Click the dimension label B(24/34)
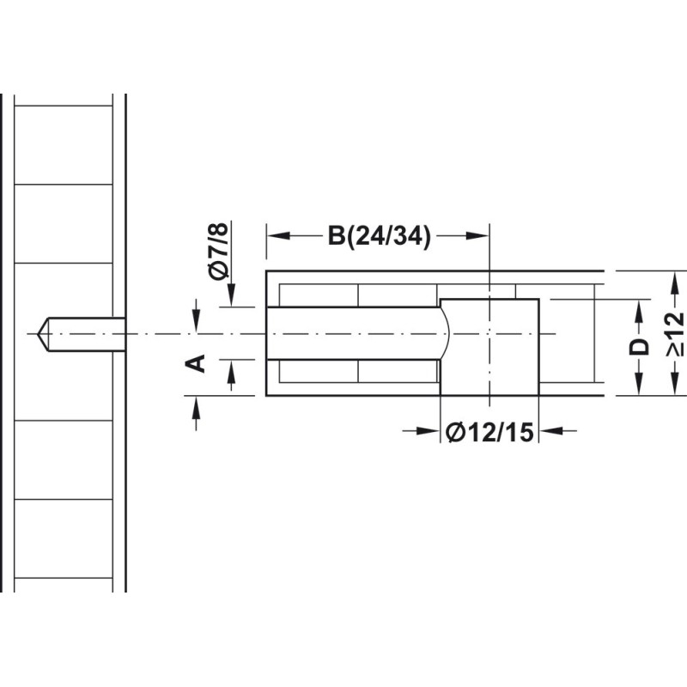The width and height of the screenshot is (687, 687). click(x=380, y=237)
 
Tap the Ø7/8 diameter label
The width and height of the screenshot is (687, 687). click(x=219, y=251)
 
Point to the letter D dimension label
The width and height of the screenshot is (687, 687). click(x=638, y=347)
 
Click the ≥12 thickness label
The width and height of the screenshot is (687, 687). click(x=675, y=334)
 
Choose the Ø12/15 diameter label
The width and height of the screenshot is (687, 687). click(x=489, y=433)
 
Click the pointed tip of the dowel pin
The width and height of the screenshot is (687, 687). click(x=38, y=334)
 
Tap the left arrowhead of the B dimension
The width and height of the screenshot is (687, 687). click(x=278, y=236)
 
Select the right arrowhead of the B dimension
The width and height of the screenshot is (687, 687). click(x=477, y=236)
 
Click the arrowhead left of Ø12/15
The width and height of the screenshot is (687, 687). click(x=429, y=431)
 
